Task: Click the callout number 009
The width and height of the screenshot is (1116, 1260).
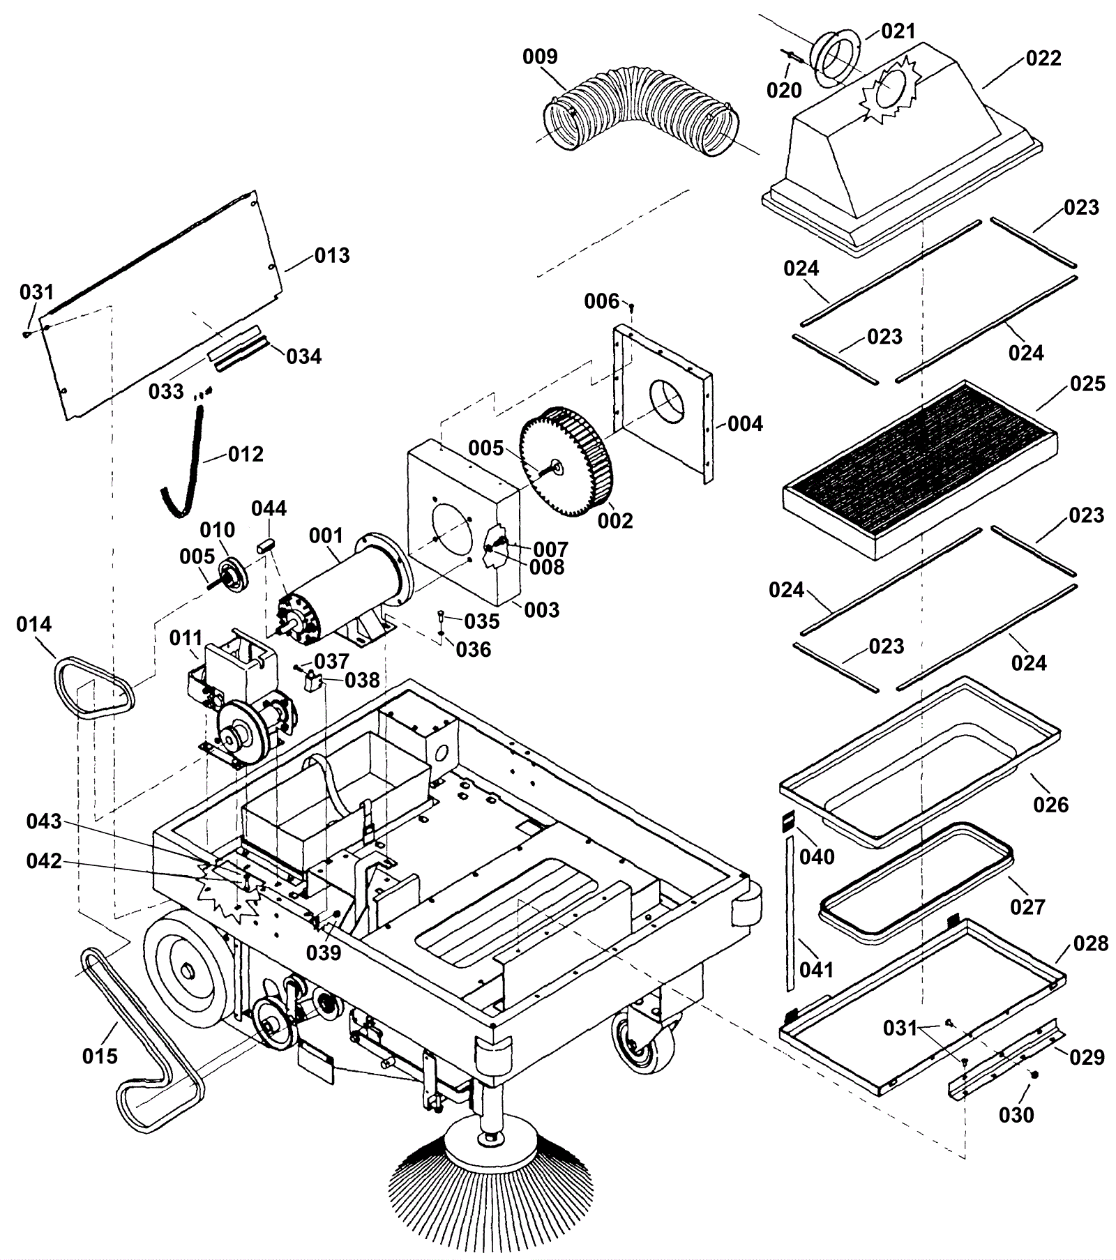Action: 540,56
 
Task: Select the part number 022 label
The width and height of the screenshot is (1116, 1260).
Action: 1043,59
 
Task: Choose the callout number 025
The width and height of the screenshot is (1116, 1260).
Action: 1087,384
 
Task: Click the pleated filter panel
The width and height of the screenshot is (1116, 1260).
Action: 919,469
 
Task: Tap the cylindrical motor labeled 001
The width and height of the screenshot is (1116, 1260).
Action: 342,589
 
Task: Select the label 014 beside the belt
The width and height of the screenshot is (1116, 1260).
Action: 34,624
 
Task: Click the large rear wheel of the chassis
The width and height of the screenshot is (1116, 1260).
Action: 188,970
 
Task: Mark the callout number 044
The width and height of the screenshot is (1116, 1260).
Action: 269,508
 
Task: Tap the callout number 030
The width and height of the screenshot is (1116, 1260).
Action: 1016,1115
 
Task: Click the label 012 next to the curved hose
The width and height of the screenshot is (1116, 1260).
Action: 246,455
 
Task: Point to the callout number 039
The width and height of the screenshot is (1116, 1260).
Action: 324,952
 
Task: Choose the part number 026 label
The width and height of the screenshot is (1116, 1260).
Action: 1051,805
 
